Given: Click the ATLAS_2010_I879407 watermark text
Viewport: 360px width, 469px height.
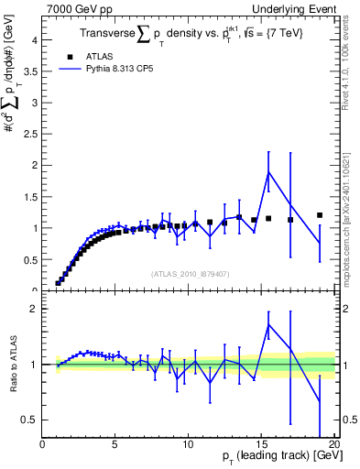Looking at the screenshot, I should coord(191,273).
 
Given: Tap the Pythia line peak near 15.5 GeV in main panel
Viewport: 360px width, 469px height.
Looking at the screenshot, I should coord(268,172).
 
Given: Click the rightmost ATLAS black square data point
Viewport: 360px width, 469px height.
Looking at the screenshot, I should coord(320,215).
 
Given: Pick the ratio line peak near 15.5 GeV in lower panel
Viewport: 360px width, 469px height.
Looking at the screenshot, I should coord(268,324).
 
